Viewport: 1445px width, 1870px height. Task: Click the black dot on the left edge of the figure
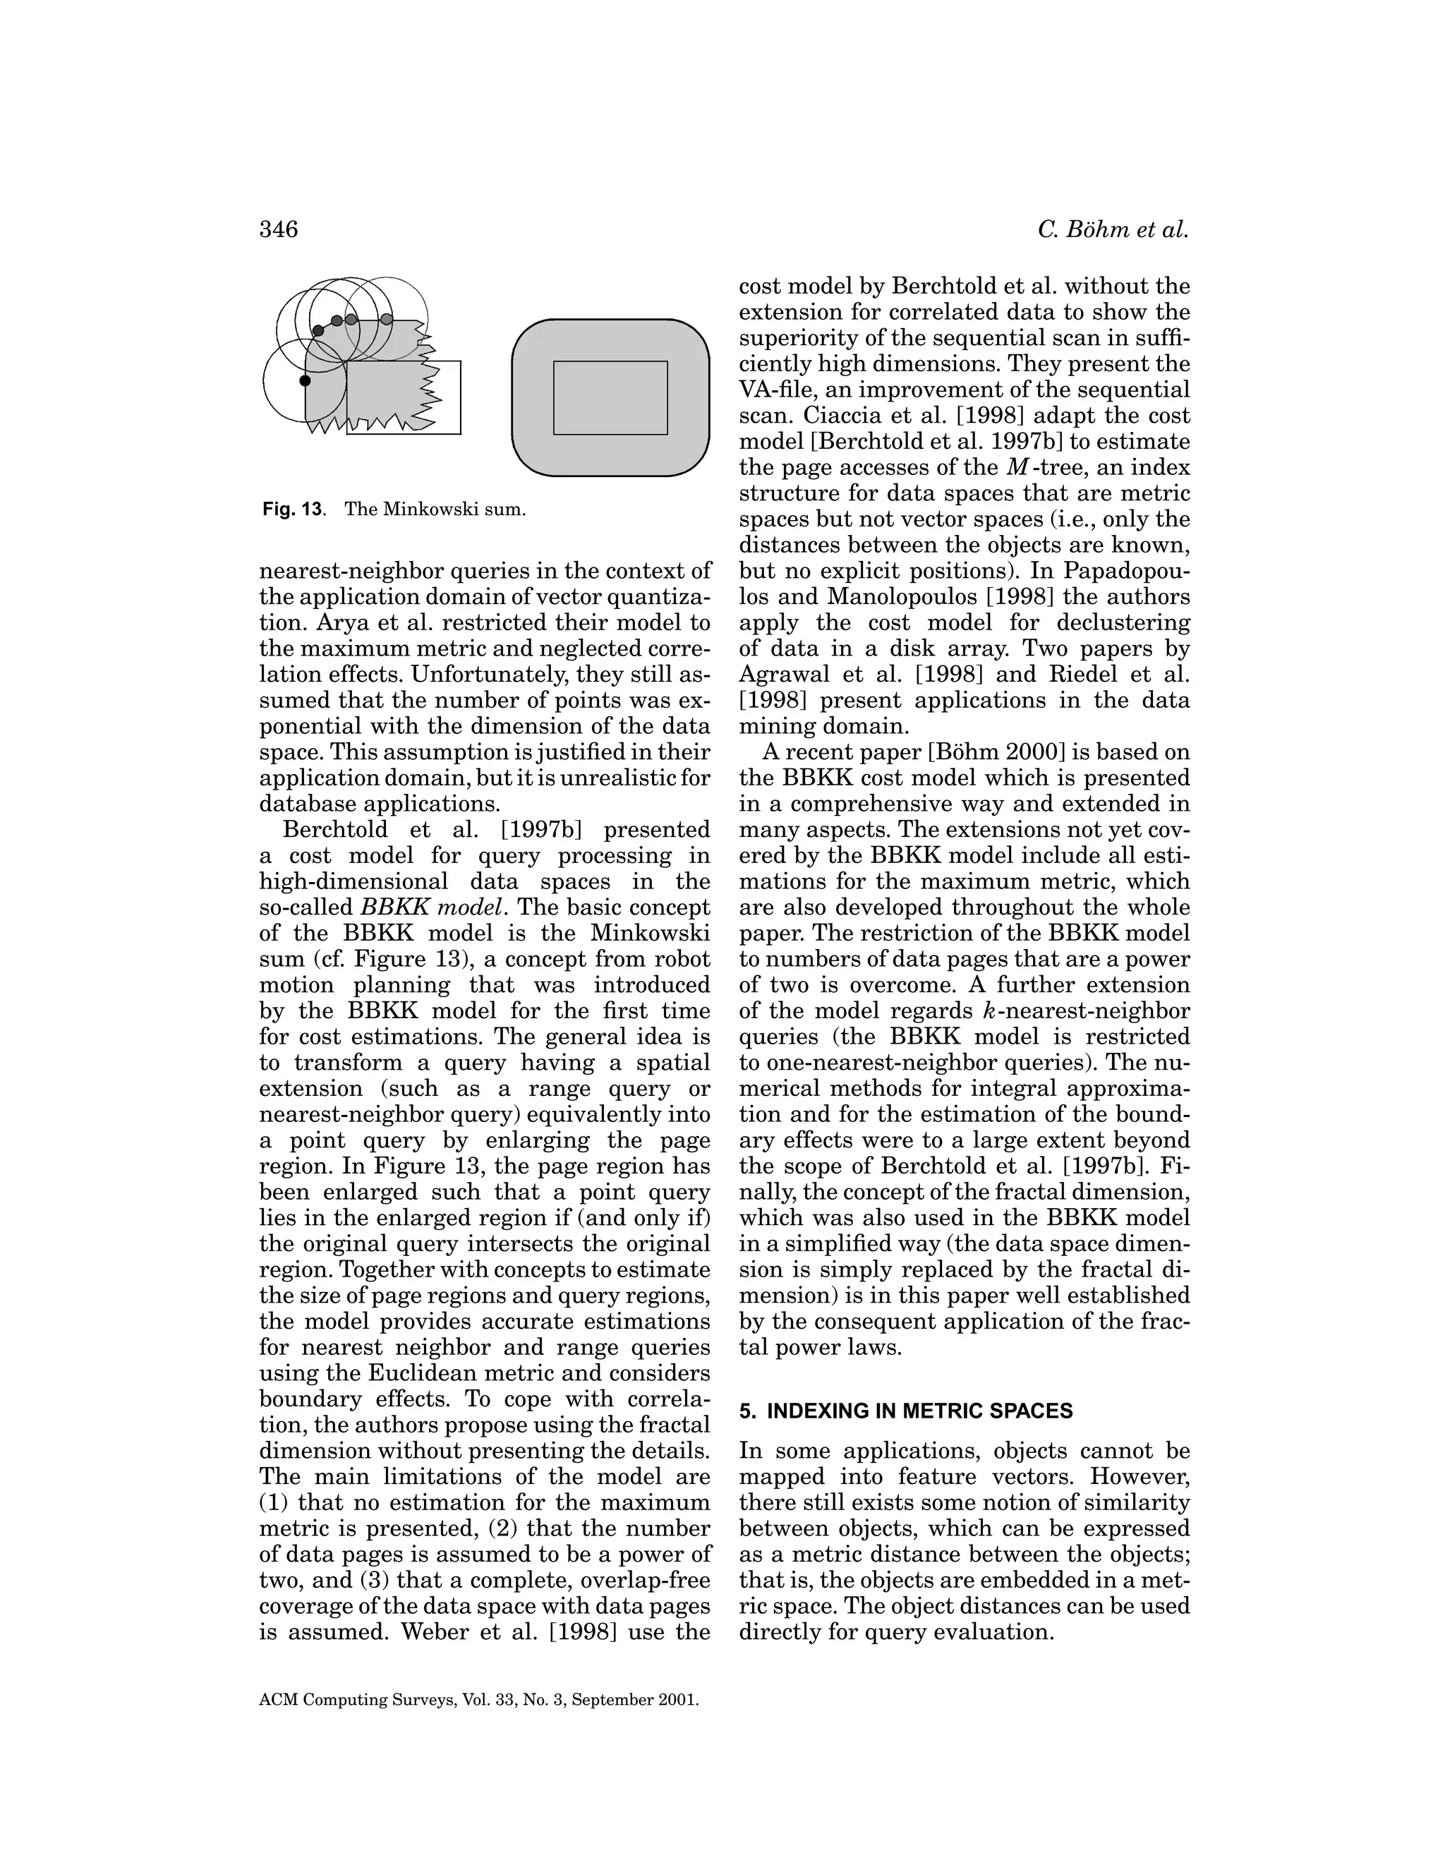305,380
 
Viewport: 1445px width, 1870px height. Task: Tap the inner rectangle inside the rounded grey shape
610,397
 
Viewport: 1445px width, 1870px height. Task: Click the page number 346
278,229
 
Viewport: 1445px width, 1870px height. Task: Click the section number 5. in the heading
746,1411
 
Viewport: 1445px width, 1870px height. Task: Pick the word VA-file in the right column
775,390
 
